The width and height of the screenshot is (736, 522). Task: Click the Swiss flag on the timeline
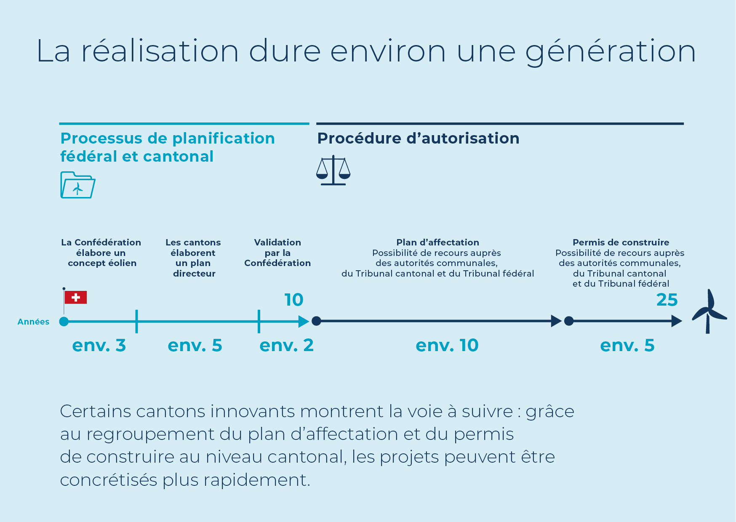76,297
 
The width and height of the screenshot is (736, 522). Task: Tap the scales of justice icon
333,170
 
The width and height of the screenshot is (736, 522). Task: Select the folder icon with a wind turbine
78,185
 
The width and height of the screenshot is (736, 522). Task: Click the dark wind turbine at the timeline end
709,312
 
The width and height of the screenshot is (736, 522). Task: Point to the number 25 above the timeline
667,300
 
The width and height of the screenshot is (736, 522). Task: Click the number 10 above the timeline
294,300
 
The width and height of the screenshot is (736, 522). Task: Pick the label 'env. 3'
99,345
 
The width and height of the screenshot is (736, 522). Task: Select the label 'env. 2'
287,345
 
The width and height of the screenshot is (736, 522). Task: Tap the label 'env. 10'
447,345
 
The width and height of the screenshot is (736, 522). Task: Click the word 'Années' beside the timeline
33,322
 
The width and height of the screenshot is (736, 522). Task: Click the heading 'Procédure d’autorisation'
418,138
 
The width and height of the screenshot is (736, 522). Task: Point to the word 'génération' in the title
611,51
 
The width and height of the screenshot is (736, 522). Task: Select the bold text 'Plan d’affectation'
438,242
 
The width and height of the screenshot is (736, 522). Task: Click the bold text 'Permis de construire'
621,242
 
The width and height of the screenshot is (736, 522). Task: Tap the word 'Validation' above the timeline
277,242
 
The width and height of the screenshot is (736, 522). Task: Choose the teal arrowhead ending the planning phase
304,322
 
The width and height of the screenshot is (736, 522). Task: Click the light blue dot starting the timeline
64,322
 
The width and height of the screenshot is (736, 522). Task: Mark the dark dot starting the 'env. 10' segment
317,321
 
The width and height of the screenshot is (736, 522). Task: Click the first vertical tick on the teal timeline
137,322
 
